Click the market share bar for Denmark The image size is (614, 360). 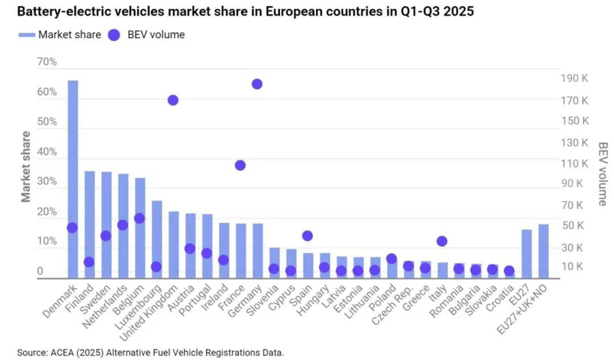[x=73, y=180]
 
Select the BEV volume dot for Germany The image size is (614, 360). [x=257, y=85]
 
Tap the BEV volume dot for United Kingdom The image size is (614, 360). [x=173, y=100]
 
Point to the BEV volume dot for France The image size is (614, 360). [x=240, y=165]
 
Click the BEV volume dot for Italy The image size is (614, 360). [x=442, y=241]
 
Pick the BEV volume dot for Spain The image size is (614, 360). [x=307, y=236]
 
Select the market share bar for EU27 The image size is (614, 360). [x=526, y=254]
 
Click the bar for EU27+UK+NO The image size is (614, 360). [x=543, y=251]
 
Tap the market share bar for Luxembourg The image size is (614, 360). [x=156, y=239]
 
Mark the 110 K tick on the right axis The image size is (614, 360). [x=574, y=163]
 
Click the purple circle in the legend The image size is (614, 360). [x=114, y=34]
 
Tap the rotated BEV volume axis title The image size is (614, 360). [x=602, y=174]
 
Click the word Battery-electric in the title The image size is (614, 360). [x=60, y=12]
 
